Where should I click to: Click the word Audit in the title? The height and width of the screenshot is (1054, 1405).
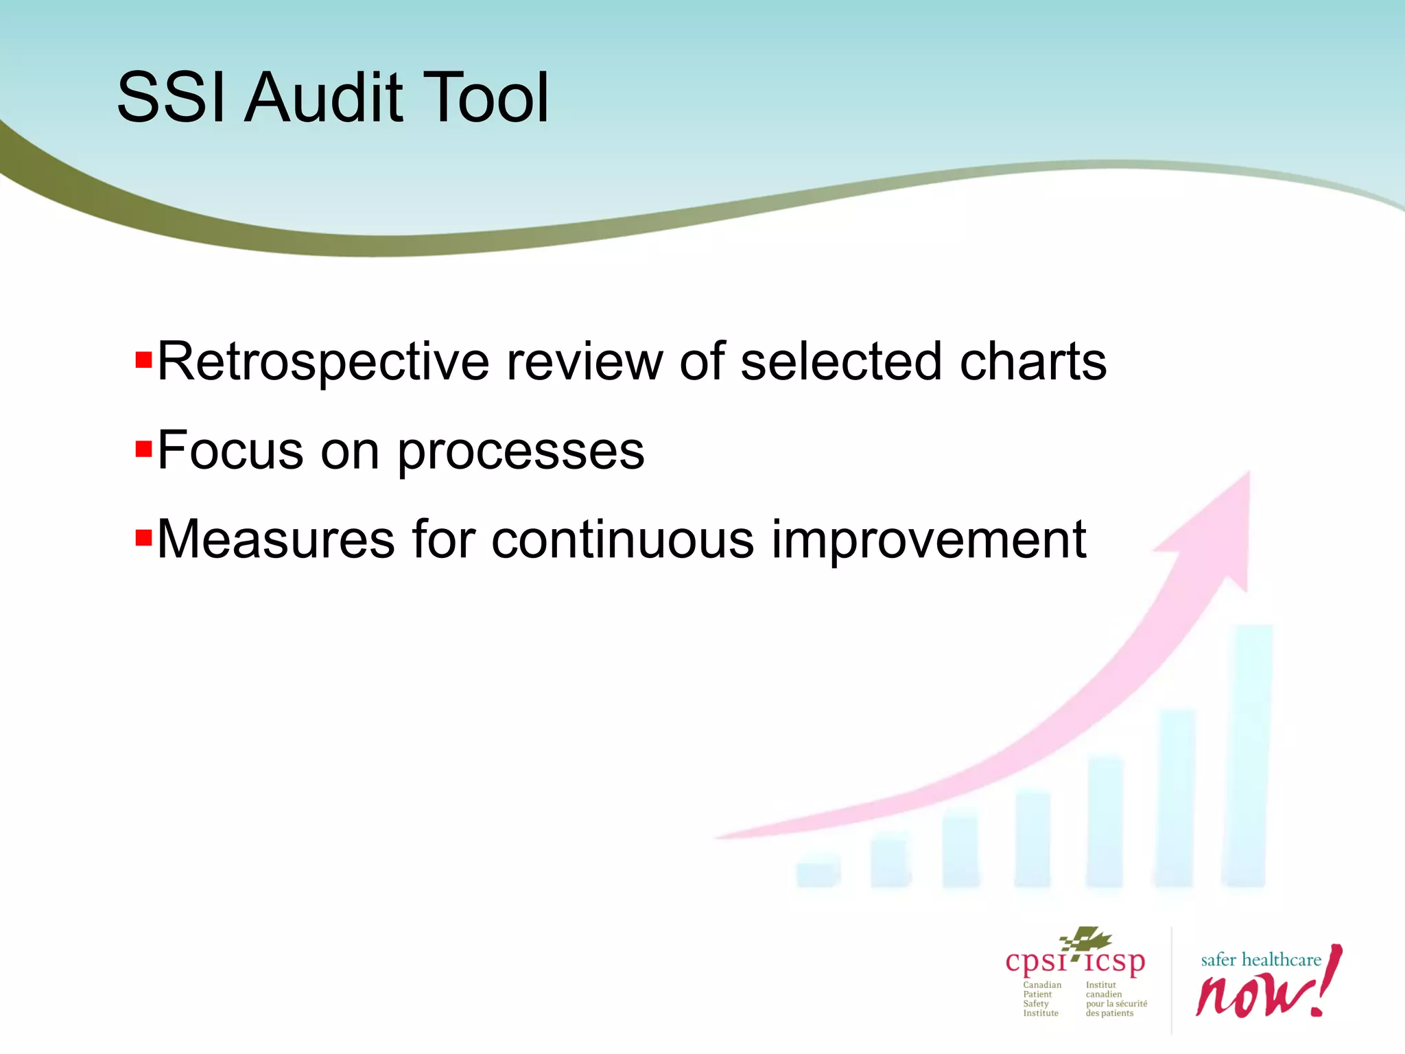pyautogui.click(x=324, y=98)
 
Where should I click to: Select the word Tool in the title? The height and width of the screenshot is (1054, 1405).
pyautogui.click(x=484, y=98)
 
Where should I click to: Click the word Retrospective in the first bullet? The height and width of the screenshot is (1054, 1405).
pyautogui.click(x=322, y=362)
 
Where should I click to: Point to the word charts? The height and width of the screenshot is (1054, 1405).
pyautogui.click(x=1032, y=362)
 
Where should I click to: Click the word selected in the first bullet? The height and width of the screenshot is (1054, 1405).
pyautogui.click(x=841, y=362)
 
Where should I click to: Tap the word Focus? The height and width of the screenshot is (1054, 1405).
pyautogui.click(x=231, y=451)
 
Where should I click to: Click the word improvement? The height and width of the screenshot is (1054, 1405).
pyautogui.click(x=929, y=541)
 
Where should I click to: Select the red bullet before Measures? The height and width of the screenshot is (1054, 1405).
pyautogui.click(x=143, y=537)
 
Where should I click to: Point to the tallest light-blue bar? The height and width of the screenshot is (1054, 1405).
pyautogui.click(x=1247, y=755)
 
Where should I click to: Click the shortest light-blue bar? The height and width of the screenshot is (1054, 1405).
pyautogui.click(x=818, y=871)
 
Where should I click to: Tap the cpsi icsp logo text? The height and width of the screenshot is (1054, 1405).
pyautogui.click(x=1075, y=962)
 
